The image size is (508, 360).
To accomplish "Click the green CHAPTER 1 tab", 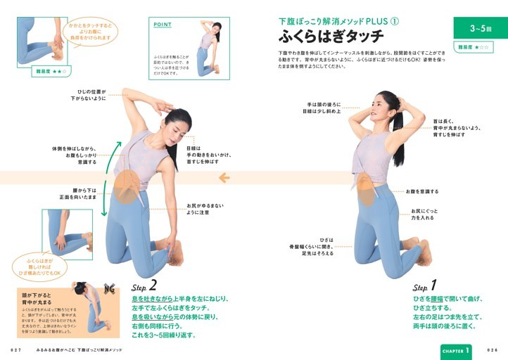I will point(456,349).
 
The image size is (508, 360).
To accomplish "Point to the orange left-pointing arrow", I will point(224,178).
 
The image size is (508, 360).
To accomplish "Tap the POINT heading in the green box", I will point(163,25).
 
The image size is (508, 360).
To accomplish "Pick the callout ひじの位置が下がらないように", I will point(87,95).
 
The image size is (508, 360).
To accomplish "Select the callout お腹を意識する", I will point(421,191).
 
